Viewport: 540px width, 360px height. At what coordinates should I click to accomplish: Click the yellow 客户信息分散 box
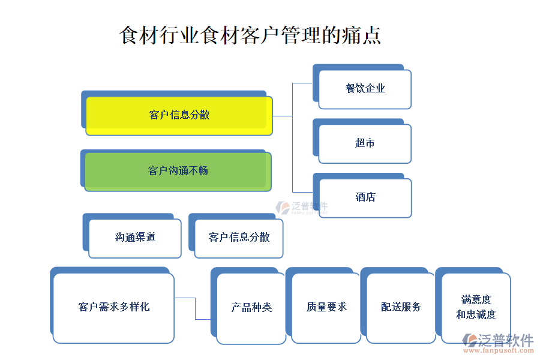click(x=179, y=115)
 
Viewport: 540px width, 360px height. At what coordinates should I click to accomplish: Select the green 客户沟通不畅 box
click(x=178, y=171)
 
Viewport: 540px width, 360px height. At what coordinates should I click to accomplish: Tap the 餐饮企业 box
click(x=365, y=89)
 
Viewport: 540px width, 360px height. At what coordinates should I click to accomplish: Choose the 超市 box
click(x=365, y=143)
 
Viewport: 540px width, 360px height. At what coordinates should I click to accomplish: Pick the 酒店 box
click(x=365, y=197)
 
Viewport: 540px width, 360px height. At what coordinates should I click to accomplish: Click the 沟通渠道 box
click(x=135, y=238)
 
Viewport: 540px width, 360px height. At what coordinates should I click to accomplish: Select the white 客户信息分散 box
click(x=239, y=238)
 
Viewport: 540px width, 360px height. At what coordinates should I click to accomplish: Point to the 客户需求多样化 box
click(x=113, y=307)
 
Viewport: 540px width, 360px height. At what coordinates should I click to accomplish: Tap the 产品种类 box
click(x=251, y=307)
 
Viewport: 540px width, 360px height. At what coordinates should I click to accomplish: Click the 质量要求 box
click(x=326, y=307)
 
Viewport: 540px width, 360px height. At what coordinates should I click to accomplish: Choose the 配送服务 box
click(x=401, y=307)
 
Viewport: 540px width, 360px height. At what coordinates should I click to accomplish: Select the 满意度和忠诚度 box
click(x=476, y=307)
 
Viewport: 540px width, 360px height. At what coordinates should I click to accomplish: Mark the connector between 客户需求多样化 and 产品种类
click(x=195, y=308)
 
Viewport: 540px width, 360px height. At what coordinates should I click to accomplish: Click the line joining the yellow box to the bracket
click(x=282, y=116)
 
